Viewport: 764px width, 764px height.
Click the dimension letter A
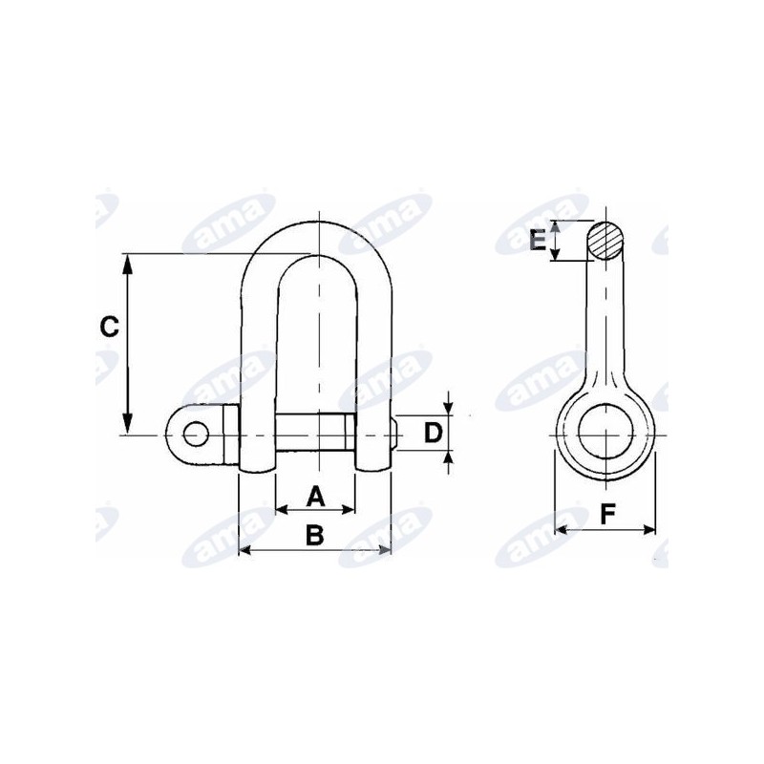(315, 496)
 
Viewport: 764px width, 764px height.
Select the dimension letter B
(315, 535)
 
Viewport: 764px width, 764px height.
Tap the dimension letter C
(109, 326)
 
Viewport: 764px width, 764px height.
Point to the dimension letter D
(433, 434)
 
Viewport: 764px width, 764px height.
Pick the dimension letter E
(538, 241)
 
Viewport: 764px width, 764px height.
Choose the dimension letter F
(607, 514)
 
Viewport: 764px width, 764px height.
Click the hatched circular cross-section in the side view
(605, 242)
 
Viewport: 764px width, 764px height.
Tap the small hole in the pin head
(195, 434)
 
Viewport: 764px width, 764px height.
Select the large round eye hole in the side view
(605, 432)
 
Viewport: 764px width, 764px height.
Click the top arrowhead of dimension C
(127, 264)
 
